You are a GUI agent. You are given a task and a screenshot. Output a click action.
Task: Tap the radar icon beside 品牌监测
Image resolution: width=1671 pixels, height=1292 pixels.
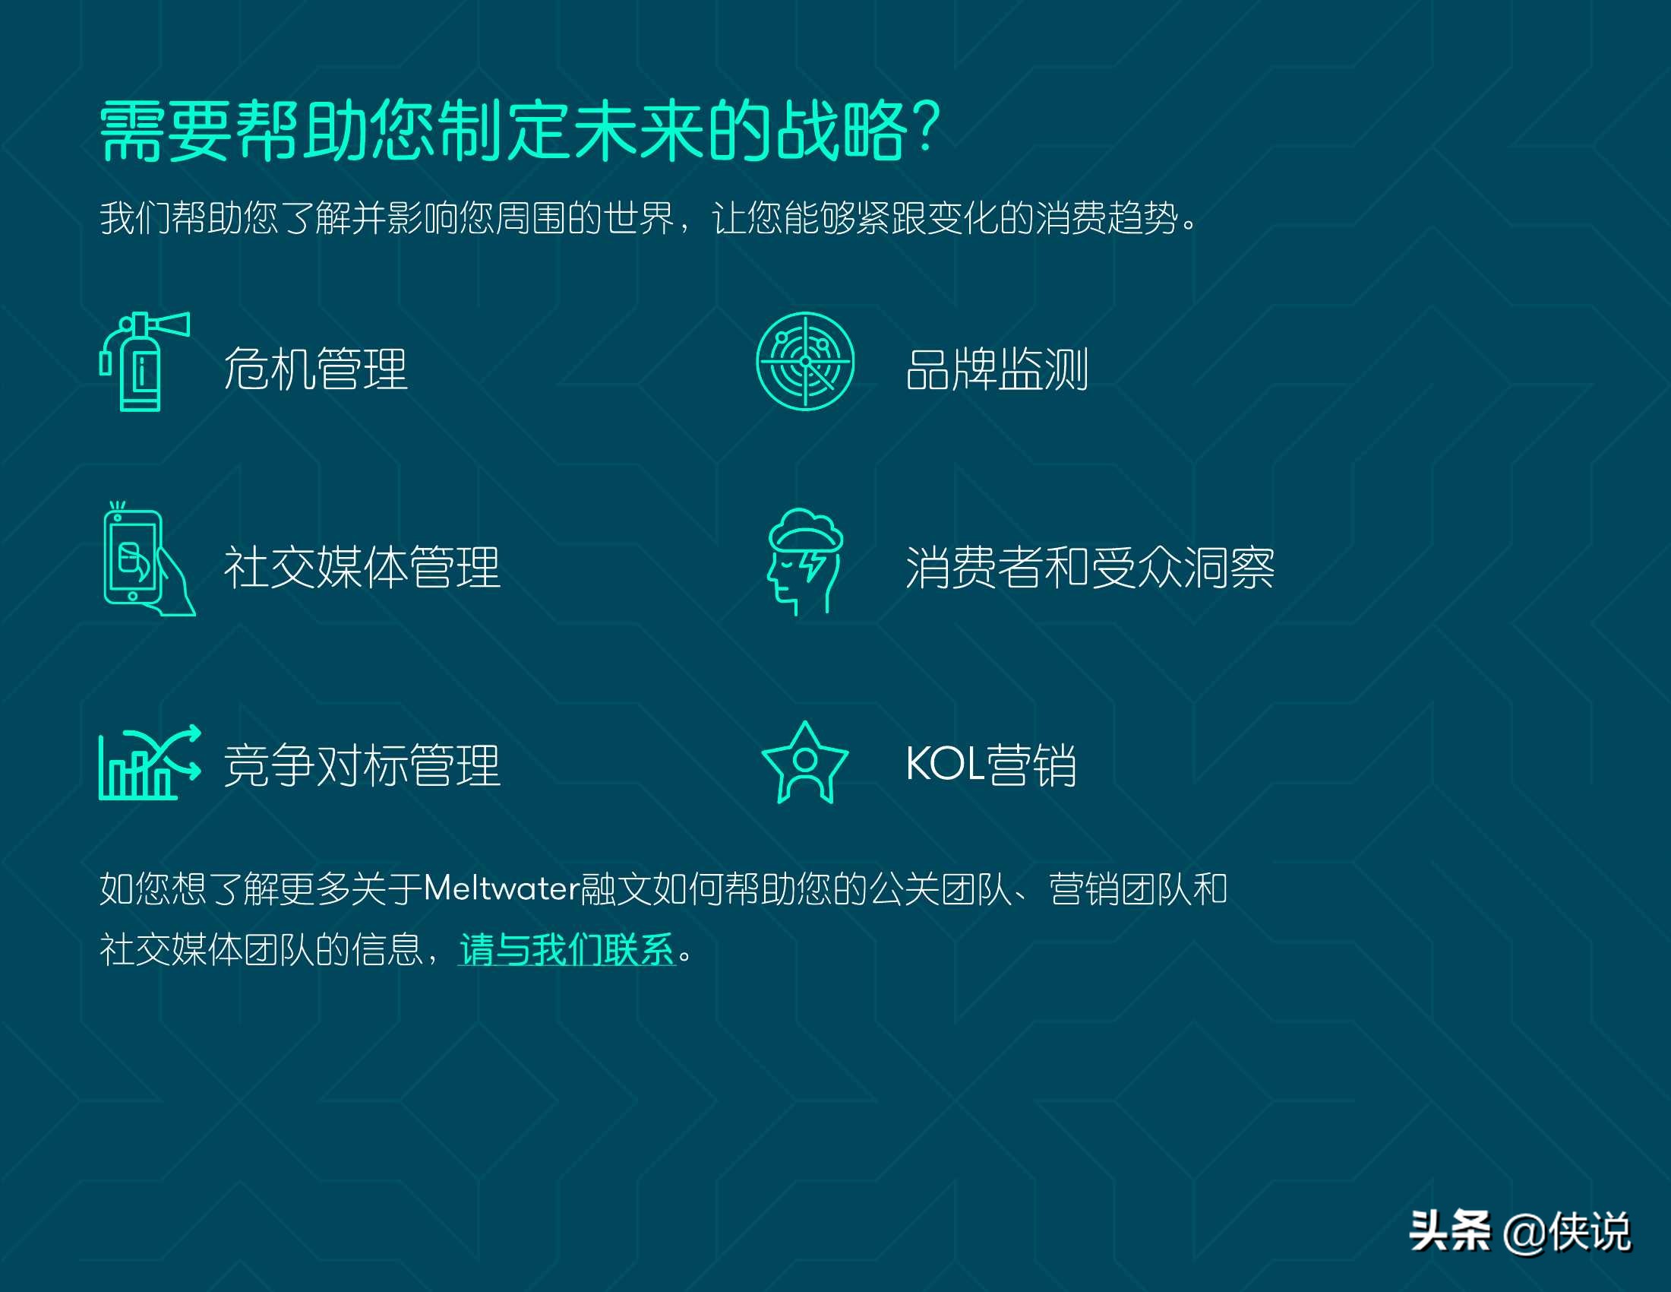coord(805,361)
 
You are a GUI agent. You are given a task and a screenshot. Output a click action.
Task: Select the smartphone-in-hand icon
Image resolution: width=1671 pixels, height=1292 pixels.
coord(147,560)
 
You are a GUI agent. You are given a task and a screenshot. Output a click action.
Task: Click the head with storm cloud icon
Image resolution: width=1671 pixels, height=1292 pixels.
coord(805,560)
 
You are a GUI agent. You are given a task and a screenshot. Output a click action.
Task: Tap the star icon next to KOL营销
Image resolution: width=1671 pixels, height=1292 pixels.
coord(805,762)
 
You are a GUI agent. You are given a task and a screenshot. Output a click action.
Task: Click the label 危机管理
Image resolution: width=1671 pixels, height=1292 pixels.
coord(315,369)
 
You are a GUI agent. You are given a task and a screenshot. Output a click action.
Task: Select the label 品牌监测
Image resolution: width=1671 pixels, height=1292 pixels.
coord(997,369)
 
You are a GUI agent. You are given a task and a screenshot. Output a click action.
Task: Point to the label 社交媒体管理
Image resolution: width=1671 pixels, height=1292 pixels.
coord(362,568)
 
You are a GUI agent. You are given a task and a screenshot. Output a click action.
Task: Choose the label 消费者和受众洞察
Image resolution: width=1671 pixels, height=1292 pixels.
coord(1089,568)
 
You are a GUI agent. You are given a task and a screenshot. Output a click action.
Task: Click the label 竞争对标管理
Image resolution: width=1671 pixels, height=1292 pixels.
coord(362,765)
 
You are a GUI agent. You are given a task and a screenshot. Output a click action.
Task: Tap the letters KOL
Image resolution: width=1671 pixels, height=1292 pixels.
coord(944,764)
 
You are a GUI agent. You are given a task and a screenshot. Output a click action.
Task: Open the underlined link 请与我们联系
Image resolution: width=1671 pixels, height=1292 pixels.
coord(566,950)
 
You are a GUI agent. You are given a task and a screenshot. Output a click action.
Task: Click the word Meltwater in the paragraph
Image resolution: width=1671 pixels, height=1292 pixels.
coord(501,889)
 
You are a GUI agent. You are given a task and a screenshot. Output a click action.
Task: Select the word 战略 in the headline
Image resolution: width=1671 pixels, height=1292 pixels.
coord(842,131)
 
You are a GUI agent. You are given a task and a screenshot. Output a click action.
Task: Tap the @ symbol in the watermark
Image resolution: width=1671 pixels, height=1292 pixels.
coord(1523,1233)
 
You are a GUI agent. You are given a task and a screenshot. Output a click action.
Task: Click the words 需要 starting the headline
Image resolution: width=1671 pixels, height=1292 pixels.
coord(166,131)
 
